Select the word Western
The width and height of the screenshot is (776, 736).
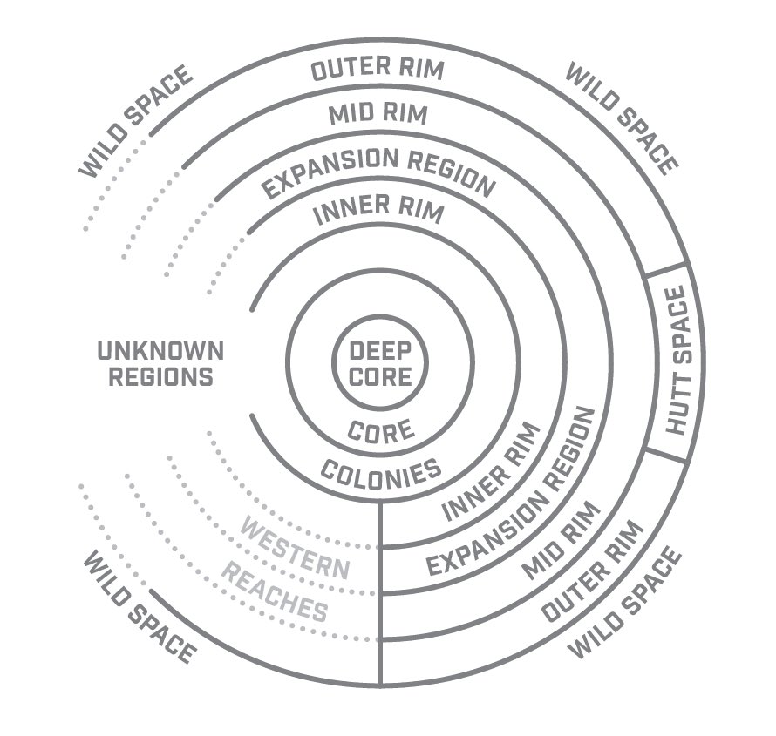pos(295,550)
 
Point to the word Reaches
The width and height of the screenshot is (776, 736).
pos(274,591)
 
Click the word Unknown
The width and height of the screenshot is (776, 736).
pos(160,352)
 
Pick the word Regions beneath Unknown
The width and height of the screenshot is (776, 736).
pos(155,377)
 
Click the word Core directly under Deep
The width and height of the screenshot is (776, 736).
pos(379,378)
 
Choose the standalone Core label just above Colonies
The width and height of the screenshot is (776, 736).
pos(380,430)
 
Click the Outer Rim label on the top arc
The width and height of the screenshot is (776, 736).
pos(377,71)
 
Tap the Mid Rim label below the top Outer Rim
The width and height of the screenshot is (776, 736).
pos(378,113)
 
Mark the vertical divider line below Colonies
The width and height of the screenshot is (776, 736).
pos(380,592)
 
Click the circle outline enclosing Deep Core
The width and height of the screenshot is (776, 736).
pos(335,365)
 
